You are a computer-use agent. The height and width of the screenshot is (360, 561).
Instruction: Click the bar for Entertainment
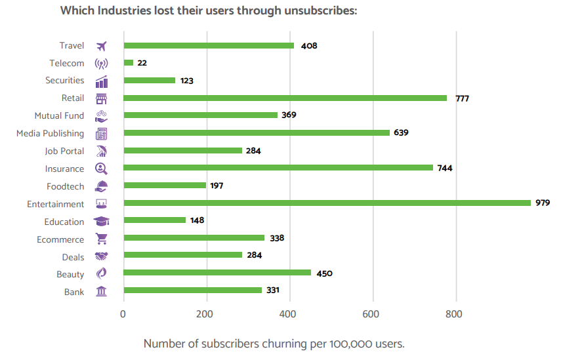coord(327,203)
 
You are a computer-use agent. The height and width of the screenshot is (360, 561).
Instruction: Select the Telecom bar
coord(129,63)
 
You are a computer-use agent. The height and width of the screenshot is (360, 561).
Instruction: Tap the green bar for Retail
coord(285,98)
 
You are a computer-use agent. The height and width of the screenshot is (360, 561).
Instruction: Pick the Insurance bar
coord(278,168)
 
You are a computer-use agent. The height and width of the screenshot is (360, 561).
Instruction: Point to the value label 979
coord(543,203)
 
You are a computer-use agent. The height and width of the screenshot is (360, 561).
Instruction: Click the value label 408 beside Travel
coord(309,46)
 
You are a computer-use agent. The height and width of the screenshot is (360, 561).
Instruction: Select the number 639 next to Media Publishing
coord(402,133)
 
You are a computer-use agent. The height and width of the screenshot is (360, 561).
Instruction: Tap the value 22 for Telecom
coord(142,63)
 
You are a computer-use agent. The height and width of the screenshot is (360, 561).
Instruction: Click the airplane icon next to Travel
coord(101,46)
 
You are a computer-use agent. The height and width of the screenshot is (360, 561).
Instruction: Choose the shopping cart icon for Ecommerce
coord(101,239)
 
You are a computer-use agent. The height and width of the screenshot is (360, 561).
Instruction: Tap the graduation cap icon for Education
coord(101,222)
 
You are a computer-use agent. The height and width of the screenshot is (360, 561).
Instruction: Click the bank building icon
coord(101,291)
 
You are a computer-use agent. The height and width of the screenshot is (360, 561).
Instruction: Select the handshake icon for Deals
coord(101,256)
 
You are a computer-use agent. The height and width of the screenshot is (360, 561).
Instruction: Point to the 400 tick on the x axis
coord(289,313)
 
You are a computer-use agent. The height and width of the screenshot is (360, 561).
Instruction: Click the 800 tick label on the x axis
coord(454,313)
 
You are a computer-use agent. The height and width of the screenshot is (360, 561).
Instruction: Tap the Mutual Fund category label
coord(59,115)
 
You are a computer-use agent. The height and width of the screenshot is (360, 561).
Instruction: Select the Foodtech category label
coord(65,186)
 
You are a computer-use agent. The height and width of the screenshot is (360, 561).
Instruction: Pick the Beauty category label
coord(70,274)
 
